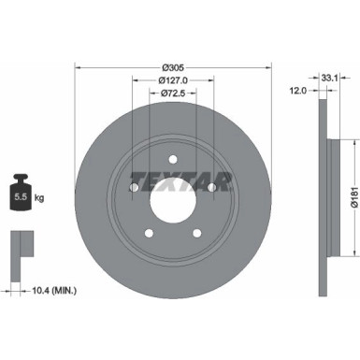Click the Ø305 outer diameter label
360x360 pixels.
[x=171, y=66]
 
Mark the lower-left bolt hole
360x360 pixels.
[x=148, y=235]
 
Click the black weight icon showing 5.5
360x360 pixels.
[x=21, y=195]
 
